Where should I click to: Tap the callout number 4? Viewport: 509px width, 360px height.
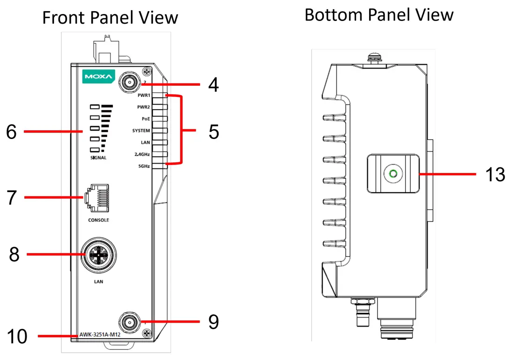coord(213,85)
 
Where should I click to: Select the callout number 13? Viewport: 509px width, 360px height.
coord(495,174)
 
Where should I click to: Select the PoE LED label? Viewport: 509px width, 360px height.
coord(145,119)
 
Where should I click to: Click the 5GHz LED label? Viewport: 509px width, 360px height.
coord(144,166)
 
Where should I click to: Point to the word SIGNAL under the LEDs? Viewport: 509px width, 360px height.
coord(98,158)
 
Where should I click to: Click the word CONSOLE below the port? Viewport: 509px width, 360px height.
coord(98,220)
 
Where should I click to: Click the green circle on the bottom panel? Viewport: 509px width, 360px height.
coord(393,174)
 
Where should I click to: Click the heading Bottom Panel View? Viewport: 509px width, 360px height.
coord(378,15)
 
